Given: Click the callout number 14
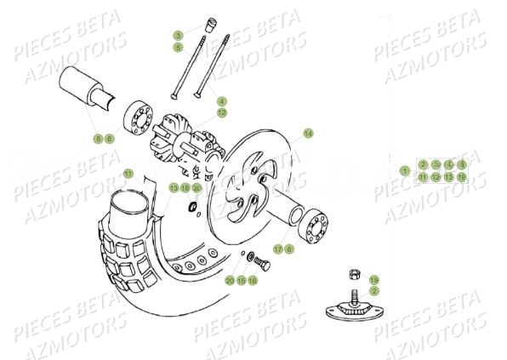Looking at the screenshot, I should coord(308,134).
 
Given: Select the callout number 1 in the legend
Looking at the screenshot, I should coord(405,170).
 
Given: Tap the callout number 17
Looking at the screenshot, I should coord(277,249).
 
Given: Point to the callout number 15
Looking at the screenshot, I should coord(241,280).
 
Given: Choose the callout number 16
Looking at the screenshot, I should coord(253,280).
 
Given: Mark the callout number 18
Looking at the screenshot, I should coord(185,187).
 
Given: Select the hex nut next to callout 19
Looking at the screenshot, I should coord(352,275).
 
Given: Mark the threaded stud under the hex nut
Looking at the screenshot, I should coord(350,294).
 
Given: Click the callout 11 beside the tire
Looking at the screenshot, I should coord(128,174).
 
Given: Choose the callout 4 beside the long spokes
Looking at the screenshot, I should coord(221,100).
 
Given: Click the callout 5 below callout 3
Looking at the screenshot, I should coord(179,48).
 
